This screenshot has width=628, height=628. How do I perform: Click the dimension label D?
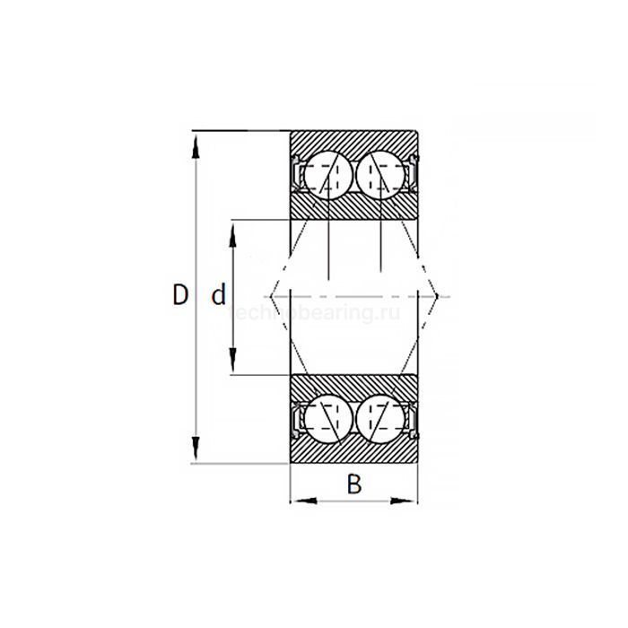click(180, 295)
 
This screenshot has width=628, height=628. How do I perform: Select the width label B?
click(354, 484)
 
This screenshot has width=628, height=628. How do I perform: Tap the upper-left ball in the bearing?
click(326, 176)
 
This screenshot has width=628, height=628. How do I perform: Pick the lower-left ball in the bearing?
click(326, 417)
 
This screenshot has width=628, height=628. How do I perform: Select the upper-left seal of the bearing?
click(296, 174)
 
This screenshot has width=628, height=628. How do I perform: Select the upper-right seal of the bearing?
click(414, 174)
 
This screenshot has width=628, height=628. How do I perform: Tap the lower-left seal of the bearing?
click(296, 418)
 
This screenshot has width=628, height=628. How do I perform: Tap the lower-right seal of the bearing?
click(414, 418)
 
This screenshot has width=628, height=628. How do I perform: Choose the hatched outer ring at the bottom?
click(354, 451)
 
